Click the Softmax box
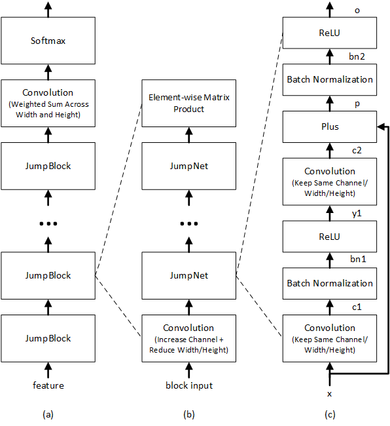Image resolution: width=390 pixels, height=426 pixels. (48, 41)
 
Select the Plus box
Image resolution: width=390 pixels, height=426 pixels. (330, 126)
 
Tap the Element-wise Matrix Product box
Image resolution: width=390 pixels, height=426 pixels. (188, 104)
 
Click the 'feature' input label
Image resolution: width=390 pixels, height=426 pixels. (48, 385)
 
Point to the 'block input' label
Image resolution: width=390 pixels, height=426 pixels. (189, 385)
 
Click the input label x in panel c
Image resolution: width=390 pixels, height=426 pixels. (330, 394)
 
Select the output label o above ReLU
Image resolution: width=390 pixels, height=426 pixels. (357, 10)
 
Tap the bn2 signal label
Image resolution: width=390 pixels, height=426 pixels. (357, 56)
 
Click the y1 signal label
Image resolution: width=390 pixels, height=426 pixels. (357, 214)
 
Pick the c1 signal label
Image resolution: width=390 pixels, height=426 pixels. (357, 307)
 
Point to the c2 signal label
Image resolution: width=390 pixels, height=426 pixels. (357, 151)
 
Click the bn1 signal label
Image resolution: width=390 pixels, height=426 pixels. (358, 259)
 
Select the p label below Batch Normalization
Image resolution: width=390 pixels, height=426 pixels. (357, 104)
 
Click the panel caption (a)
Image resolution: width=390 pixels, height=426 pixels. (48, 415)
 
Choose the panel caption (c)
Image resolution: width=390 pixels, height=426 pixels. (330, 415)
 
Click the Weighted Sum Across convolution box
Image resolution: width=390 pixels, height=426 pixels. (48, 104)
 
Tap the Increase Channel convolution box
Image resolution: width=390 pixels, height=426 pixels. (188, 339)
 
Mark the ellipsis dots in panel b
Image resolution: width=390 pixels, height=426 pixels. (189, 223)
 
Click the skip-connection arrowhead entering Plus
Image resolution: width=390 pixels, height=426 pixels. (381, 126)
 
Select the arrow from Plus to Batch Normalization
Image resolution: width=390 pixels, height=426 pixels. (330, 104)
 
